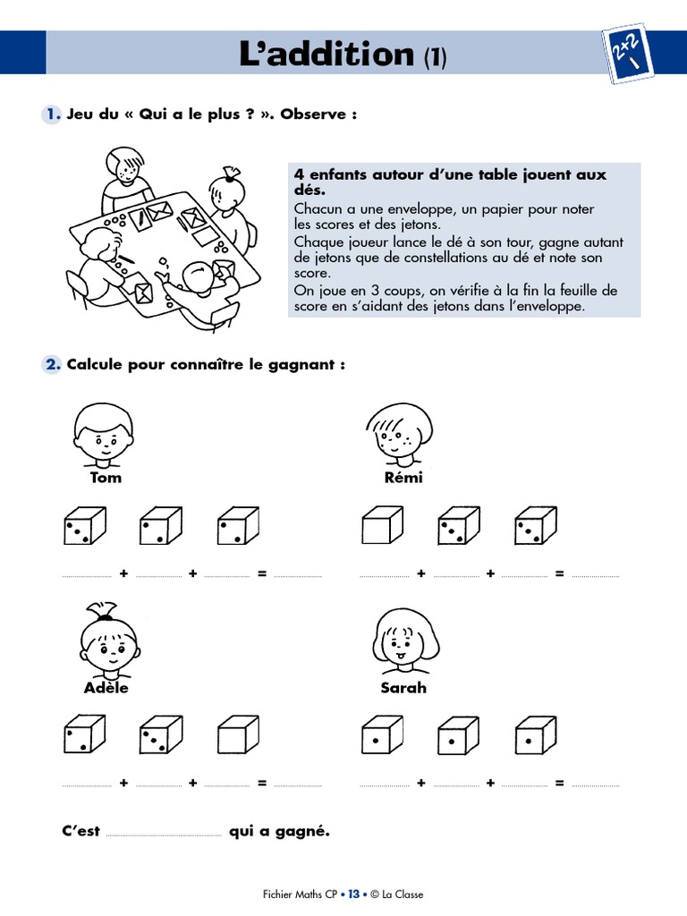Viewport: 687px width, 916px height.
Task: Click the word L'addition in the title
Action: (x=327, y=55)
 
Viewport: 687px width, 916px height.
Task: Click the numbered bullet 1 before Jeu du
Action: (x=51, y=114)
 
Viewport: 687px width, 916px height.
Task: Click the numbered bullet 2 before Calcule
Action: (x=51, y=365)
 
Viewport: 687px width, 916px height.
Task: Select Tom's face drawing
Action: (x=103, y=435)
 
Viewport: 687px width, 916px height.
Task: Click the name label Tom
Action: (x=106, y=478)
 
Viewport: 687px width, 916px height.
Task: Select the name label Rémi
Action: (x=403, y=478)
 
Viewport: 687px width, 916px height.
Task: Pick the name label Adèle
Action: (x=106, y=688)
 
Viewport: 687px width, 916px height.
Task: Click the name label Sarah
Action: (x=403, y=688)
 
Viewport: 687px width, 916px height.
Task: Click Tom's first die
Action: (x=85, y=526)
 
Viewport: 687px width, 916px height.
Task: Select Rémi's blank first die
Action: (x=382, y=526)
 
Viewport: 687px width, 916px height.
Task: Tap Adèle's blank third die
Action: (x=237, y=735)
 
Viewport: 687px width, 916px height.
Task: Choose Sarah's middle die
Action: (x=458, y=735)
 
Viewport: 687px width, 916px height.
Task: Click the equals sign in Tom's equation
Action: (x=262, y=573)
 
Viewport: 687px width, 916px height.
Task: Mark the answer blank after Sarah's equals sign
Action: (x=595, y=785)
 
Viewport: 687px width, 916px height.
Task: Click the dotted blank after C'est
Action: (x=164, y=833)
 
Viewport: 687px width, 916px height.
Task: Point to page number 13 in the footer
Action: (x=353, y=895)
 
